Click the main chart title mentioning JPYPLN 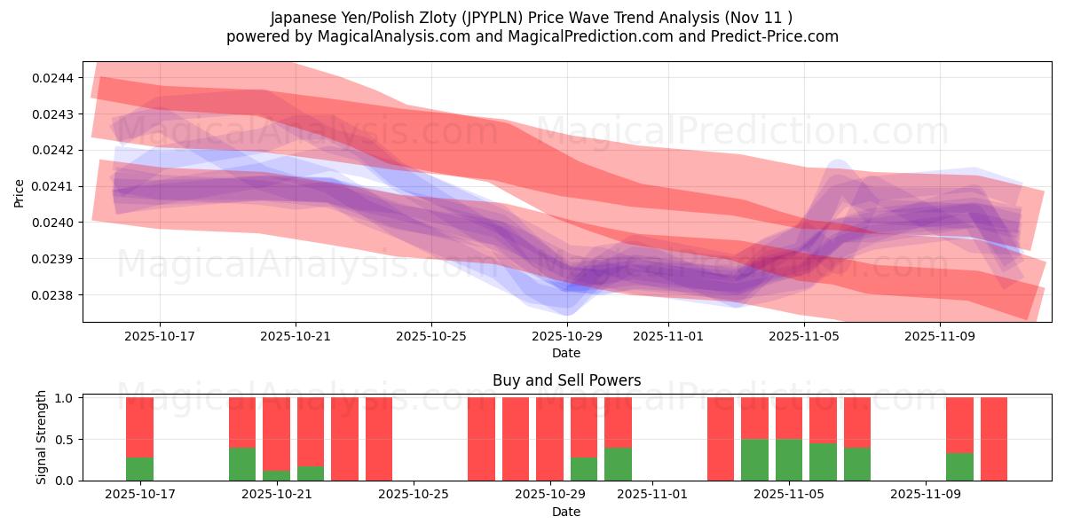click(x=532, y=17)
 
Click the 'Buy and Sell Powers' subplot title click(x=566, y=380)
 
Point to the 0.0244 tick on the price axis click(x=54, y=78)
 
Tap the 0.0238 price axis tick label click(x=54, y=294)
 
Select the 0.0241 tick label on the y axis click(x=54, y=186)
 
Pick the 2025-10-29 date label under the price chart click(x=567, y=336)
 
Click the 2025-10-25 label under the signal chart click(x=414, y=495)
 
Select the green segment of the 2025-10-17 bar click(x=139, y=469)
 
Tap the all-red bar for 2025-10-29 click(x=549, y=439)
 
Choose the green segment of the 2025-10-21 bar click(x=277, y=475)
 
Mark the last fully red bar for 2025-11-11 click(x=994, y=439)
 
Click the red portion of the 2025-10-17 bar click(x=139, y=426)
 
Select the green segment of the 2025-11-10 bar click(x=959, y=466)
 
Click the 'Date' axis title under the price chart click(x=566, y=353)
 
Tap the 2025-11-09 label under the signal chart click(x=926, y=495)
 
